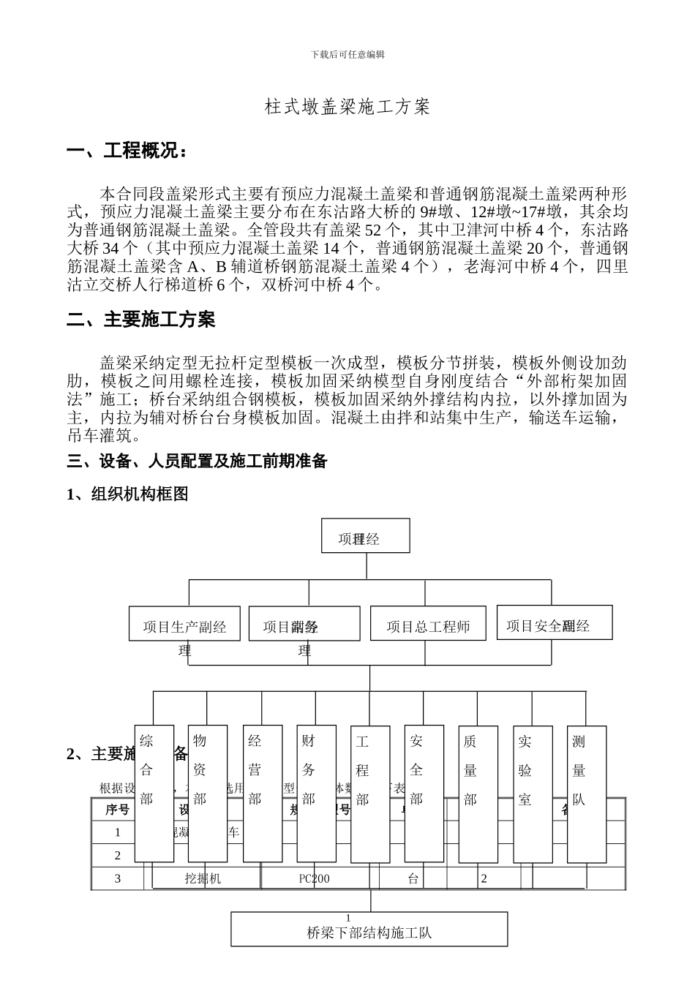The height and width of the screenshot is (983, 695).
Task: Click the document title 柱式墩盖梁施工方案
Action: pos(347,108)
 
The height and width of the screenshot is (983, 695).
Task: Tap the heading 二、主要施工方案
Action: pos(141,320)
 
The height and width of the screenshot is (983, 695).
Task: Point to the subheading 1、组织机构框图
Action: pos(127,494)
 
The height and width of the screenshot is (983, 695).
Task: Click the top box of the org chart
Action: pos(365,536)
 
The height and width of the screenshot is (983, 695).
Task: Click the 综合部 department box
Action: pos(154,794)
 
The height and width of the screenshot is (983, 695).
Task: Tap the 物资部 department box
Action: pos(208,794)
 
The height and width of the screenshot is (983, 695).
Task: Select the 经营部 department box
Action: pos(262,794)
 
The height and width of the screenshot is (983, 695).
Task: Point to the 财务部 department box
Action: pos(316,794)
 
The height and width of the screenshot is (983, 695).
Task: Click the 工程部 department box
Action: pos(370,794)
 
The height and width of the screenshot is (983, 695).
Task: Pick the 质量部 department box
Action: pos(478,794)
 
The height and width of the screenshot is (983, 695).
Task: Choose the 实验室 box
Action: pos(533,794)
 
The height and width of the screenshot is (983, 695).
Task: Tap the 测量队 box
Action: pos(587,794)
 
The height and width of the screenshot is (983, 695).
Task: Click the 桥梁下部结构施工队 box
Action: pos(369,929)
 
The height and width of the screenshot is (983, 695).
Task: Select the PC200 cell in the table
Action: pos(315,878)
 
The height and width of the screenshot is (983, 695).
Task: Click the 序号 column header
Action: pos(117,810)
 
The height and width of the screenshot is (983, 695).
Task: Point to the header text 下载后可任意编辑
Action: pos(347,54)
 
